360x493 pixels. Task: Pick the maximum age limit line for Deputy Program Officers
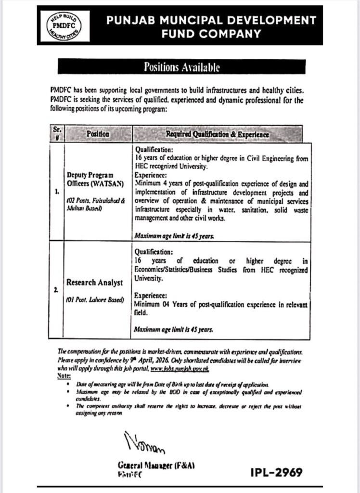174,237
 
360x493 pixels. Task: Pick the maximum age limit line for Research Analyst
174,330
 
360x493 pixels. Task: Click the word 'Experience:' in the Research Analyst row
152,295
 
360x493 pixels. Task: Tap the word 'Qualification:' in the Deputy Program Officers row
154,150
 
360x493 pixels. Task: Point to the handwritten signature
143,443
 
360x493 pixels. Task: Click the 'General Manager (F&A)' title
156,466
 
